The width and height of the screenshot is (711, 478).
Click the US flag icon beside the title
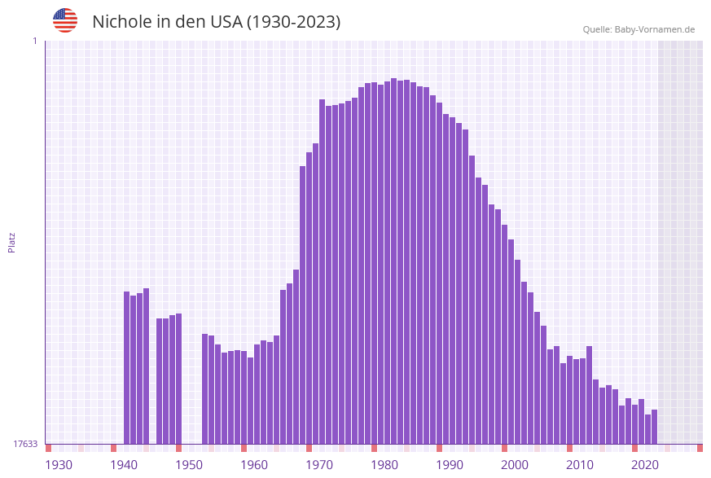(x=65, y=20)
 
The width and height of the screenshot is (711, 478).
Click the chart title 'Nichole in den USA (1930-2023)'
(x=216, y=22)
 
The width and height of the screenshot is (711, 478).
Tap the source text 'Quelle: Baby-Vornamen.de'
(x=639, y=29)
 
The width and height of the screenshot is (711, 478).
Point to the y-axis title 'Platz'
(x=12, y=242)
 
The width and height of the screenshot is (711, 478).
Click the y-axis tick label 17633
(x=25, y=444)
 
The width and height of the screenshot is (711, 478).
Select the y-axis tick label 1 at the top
(x=34, y=41)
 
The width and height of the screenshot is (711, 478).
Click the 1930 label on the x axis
(x=59, y=465)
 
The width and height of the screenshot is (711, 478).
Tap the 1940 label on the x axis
(x=124, y=465)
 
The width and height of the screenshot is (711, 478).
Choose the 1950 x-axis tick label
(x=189, y=465)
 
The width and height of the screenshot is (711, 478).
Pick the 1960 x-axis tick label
(x=254, y=465)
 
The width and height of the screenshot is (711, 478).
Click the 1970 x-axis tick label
(x=319, y=465)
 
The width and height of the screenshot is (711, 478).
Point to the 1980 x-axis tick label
(x=384, y=465)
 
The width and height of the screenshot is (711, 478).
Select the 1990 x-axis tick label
(x=450, y=465)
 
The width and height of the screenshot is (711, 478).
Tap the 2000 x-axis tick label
(x=515, y=465)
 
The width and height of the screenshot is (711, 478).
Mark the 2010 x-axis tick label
(x=580, y=465)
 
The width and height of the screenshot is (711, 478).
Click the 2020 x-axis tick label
(x=645, y=465)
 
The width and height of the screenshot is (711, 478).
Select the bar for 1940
(x=127, y=367)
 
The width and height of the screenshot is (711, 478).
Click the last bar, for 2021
(x=654, y=427)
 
